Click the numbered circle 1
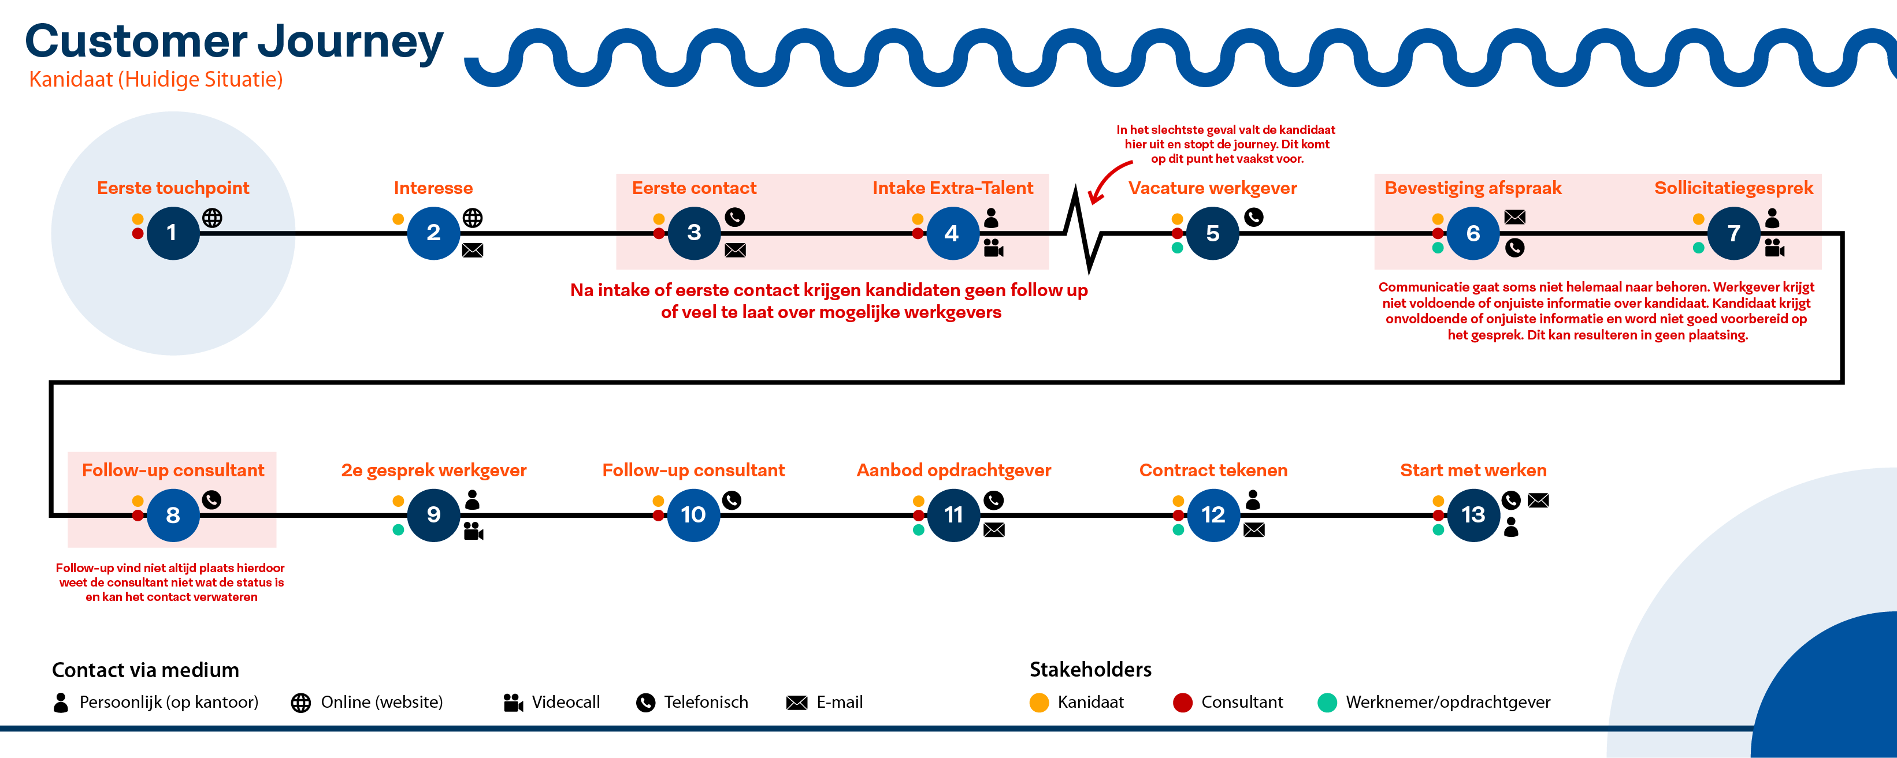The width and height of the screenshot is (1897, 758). tap(172, 233)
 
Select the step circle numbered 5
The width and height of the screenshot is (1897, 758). tap(1212, 233)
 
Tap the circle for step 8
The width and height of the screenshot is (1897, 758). tap(173, 515)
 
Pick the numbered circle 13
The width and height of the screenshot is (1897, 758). tap(1473, 515)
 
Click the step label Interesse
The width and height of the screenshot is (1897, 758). tap(433, 188)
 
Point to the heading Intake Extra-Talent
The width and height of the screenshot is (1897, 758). tap(952, 188)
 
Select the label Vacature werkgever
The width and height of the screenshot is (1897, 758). tap(1212, 188)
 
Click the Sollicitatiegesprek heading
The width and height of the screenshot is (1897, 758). tap(1733, 188)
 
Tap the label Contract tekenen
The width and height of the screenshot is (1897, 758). tap(1213, 471)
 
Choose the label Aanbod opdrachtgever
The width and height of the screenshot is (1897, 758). tap(953, 471)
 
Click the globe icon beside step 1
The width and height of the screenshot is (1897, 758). tap(212, 218)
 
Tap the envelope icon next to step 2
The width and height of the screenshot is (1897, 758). tap(473, 250)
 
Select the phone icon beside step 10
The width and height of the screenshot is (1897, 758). tap(732, 501)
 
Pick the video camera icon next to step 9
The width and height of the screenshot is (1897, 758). tap(473, 531)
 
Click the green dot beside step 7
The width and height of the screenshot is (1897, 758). tap(1698, 248)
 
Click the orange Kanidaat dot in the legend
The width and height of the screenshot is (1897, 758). tap(1038, 702)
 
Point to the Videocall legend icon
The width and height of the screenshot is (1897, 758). tap(513, 702)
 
